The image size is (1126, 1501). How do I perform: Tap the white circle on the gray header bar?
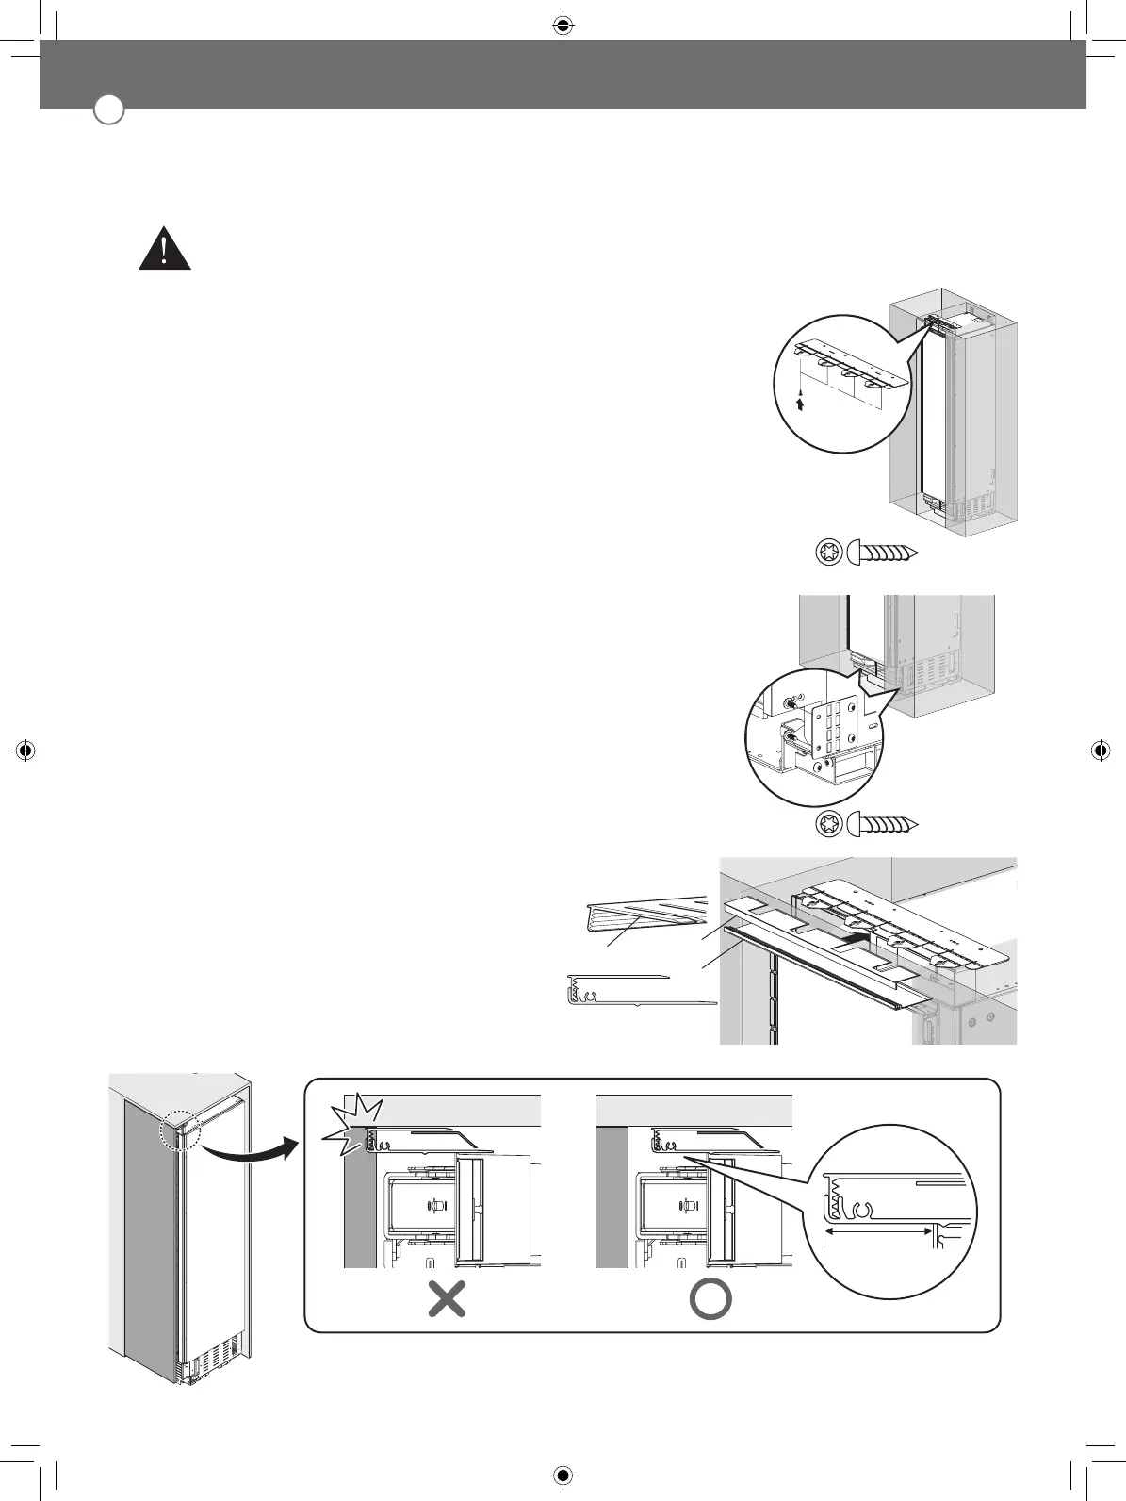(x=109, y=109)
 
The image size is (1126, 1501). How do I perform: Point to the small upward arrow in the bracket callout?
(x=800, y=404)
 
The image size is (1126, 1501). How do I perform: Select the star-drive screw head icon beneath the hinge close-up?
(x=829, y=822)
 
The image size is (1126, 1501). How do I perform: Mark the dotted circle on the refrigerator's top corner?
(x=179, y=1128)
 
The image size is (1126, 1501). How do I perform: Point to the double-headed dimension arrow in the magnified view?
(x=878, y=1231)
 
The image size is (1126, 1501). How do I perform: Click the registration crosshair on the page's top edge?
(x=562, y=26)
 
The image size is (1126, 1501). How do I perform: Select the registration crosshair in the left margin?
(x=26, y=750)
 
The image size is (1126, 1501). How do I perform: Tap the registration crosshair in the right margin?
(x=1099, y=750)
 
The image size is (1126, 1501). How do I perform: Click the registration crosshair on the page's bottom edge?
(x=562, y=1475)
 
